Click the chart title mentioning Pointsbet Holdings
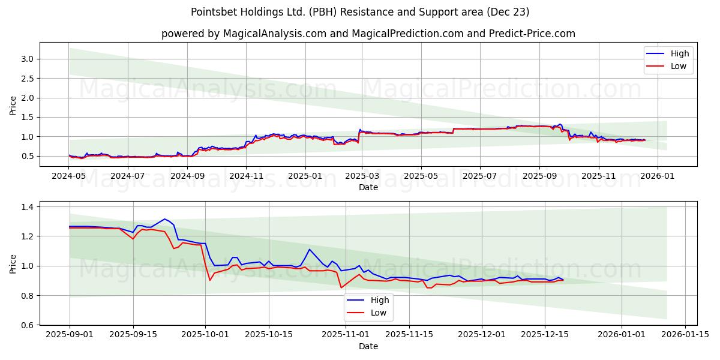pos(360,12)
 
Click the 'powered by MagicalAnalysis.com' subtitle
pos(368,34)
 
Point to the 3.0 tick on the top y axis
pos(25,59)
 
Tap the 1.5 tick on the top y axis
pos(25,117)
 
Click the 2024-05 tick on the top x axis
pos(69,176)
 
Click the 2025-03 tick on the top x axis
pos(362,176)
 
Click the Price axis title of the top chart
pos(13,105)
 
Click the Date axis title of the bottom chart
pos(368,346)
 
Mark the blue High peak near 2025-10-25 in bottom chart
pos(310,250)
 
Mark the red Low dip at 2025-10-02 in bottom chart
pos(210,280)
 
